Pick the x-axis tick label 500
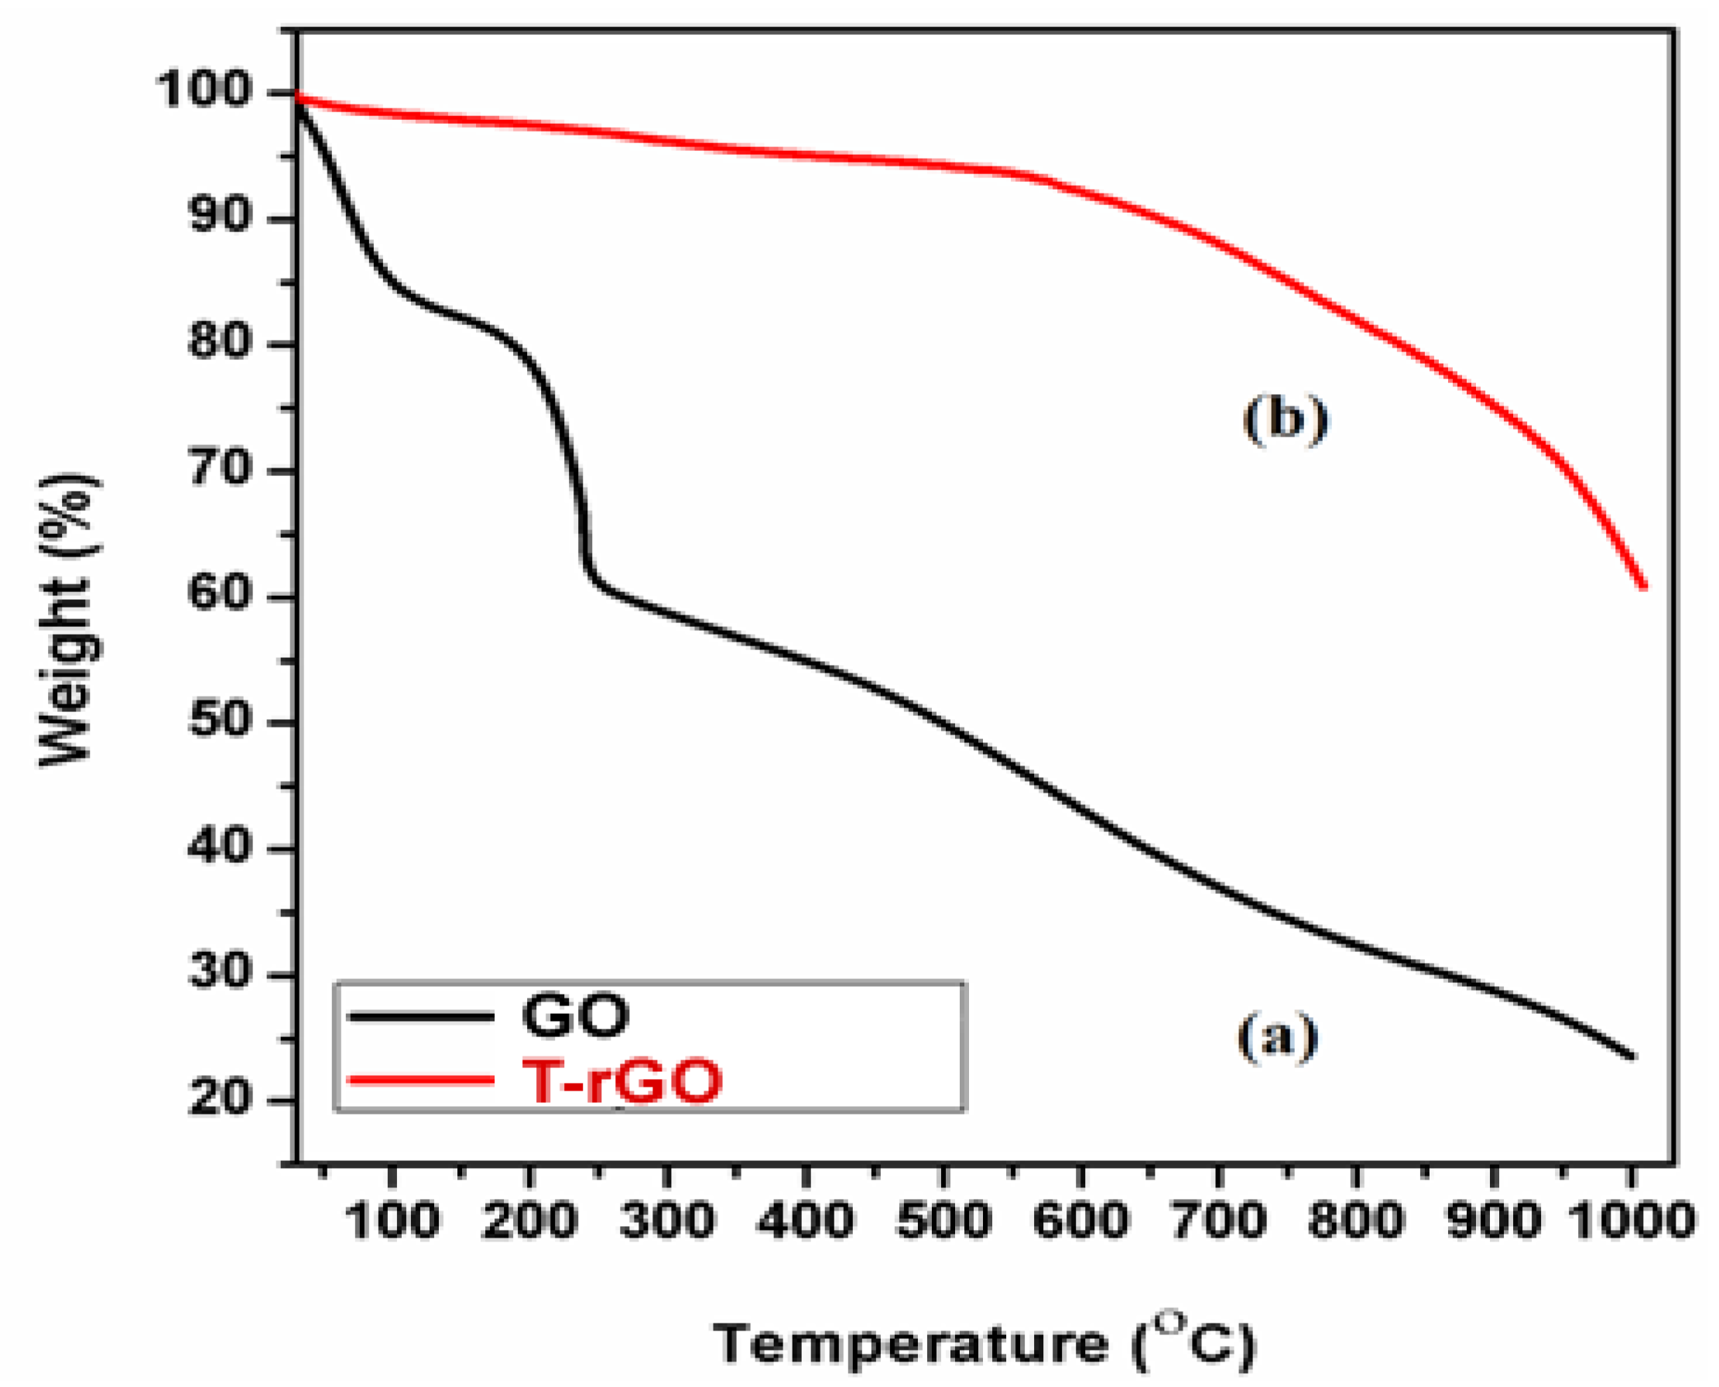pyautogui.click(x=943, y=1221)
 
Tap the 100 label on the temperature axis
pyautogui.click(x=392, y=1221)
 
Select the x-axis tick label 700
pyautogui.click(x=1218, y=1221)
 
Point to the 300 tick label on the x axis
pyautogui.click(x=667, y=1221)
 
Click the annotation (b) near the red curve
pyautogui.click(x=1286, y=420)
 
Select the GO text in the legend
pyautogui.click(x=575, y=1015)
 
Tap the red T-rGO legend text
pyautogui.click(x=622, y=1081)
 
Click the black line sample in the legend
pyautogui.click(x=421, y=1016)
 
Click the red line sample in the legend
pyautogui.click(x=421, y=1080)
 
